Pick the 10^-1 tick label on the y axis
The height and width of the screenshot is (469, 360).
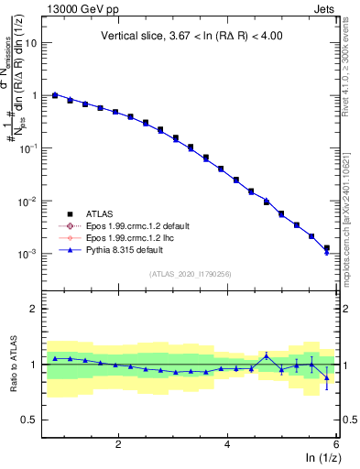point(30,148)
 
